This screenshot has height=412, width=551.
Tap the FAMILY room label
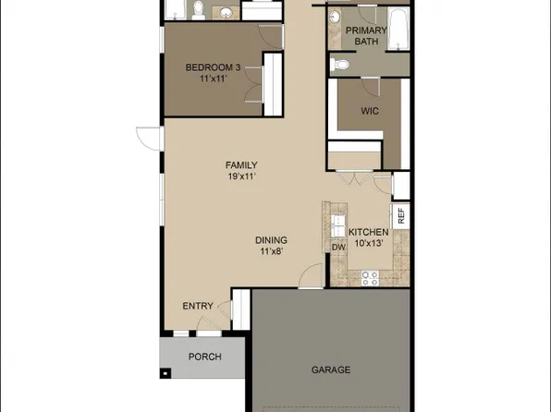tap(241, 165)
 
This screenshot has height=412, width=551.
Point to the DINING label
tap(271, 238)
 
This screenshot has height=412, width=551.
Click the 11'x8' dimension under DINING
tap(271, 249)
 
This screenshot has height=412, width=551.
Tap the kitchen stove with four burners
tap(371, 276)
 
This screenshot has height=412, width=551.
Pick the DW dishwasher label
tap(337, 246)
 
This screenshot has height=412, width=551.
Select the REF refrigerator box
tap(401, 216)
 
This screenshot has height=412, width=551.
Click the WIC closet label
tap(370, 111)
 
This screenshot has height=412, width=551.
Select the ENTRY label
tap(198, 306)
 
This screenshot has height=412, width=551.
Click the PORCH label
tap(203, 357)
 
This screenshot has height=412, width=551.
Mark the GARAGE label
tap(329, 370)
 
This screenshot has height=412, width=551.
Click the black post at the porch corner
tap(165, 374)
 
